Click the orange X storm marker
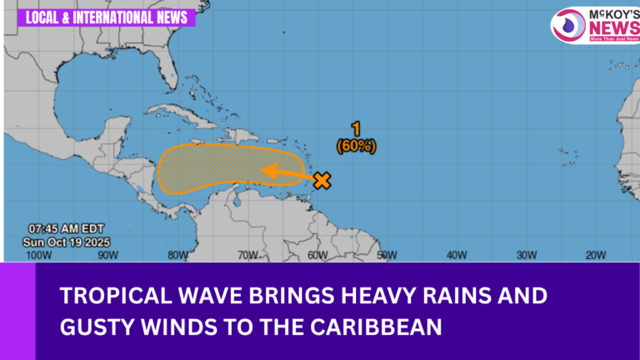322,179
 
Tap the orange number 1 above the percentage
356,129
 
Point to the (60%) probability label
356,146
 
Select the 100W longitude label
37,255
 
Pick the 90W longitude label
106,255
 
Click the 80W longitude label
177,255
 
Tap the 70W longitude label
247,255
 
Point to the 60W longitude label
317,255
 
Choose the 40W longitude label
455,255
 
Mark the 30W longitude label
525,255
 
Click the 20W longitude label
595,255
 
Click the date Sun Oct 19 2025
67,242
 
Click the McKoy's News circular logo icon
570,25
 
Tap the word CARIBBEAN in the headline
382,327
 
